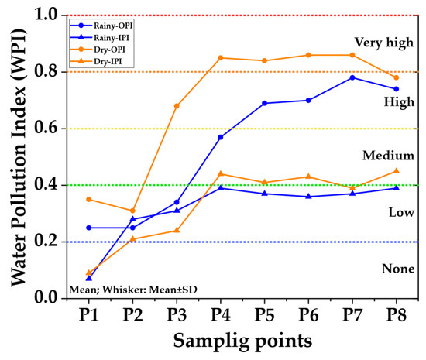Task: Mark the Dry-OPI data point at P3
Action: pos(177,105)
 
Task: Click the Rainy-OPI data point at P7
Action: pos(352,77)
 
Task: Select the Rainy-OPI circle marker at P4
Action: pos(221,137)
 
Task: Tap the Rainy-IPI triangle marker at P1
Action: pos(88,278)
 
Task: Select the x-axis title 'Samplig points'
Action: pos(242,341)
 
